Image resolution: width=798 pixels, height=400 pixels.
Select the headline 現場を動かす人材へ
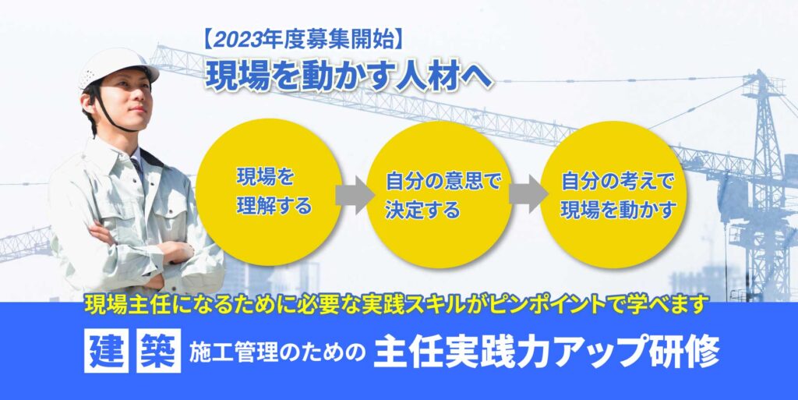(349, 76)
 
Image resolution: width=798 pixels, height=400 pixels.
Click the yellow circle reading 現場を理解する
(269, 193)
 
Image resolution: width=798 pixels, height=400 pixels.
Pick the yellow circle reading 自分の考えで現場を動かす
(613, 194)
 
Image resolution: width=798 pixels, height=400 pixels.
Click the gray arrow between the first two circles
(355, 195)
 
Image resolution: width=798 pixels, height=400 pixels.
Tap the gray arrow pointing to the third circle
(528, 194)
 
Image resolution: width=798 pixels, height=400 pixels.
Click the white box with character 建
(106, 351)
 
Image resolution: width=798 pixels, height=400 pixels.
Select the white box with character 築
(159, 351)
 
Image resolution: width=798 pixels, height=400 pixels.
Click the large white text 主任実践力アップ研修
(547, 351)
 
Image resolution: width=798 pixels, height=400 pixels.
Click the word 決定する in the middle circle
(422, 210)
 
